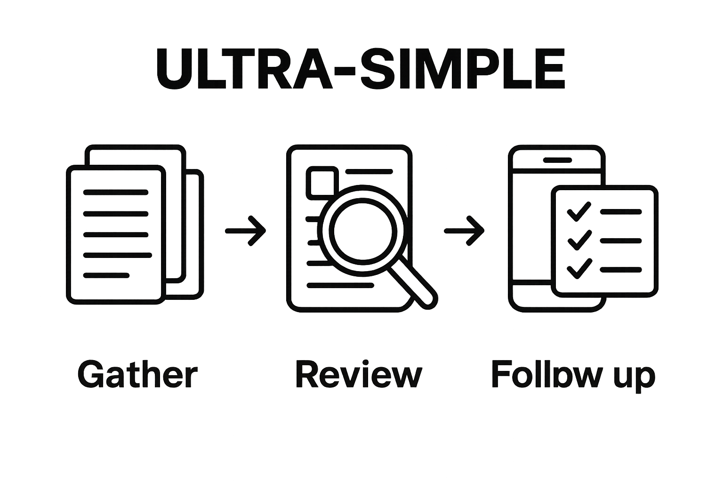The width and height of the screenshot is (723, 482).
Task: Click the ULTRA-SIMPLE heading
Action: click(x=361, y=68)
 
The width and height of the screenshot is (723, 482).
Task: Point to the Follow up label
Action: click(x=573, y=376)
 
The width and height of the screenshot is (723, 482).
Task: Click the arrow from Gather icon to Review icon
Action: click(x=245, y=231)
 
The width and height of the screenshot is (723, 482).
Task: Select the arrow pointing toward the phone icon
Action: click(x=464, y=231)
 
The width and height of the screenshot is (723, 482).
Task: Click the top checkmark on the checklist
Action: click(x=579, y=212)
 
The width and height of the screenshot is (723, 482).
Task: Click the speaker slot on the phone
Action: click(x=557, y=160)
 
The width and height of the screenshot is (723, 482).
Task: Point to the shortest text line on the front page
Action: click(x=106, y=275)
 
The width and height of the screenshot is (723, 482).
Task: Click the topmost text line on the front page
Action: click(x=115, y=193)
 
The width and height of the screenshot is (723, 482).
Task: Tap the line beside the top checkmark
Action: click(x=621, y=212)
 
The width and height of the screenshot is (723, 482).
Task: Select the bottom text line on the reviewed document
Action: click(x=340, y=285)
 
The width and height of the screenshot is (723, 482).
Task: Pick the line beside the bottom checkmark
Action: click(x=621, y=270)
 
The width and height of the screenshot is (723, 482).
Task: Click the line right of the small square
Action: click(x=369, y=171)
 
